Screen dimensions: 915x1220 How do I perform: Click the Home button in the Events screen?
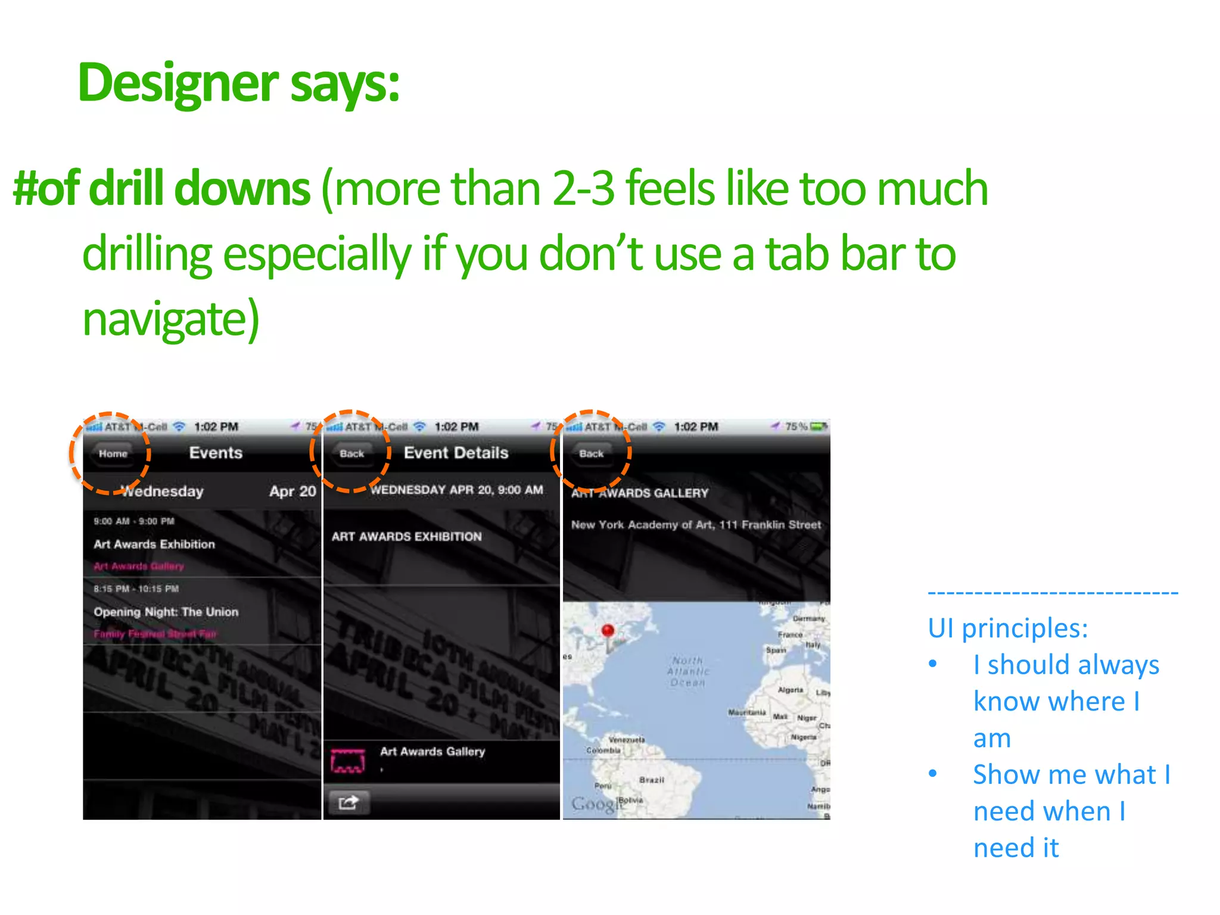(113, 453)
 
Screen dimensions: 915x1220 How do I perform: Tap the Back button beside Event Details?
(351, 453)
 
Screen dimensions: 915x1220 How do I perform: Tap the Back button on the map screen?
(591, 453)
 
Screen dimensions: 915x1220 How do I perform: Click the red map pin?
(608, 630)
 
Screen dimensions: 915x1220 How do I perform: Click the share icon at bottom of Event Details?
(348, 802)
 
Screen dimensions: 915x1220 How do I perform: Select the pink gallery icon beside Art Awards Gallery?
(348, 761)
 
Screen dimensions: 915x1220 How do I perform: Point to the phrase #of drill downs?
(161, 188)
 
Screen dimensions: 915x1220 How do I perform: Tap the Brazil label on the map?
(651, 780)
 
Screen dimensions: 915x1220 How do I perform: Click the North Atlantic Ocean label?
(688, 671)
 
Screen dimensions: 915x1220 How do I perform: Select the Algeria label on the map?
(790, 690)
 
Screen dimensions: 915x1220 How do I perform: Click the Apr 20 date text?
(292, 491)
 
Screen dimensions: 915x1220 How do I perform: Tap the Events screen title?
(216, 453)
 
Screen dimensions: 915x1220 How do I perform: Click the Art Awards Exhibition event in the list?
(154, 544)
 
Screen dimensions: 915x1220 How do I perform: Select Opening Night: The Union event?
(166, 612)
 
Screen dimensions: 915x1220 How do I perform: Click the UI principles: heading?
(1008, 628)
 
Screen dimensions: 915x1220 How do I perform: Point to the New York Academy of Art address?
(696, 525)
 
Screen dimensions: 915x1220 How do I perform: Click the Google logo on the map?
(593, 804)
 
